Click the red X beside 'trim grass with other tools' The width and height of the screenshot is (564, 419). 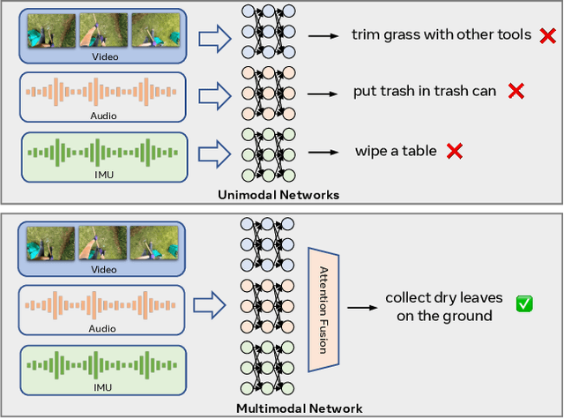547,35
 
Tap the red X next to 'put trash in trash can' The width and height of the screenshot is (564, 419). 515,91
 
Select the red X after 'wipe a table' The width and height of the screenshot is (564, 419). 455,151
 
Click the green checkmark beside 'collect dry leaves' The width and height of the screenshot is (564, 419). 523,304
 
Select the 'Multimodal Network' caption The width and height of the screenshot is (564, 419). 299,408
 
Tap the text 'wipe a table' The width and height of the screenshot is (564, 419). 396,151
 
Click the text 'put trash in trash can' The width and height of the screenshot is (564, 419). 425,91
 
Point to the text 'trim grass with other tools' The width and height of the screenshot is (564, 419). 441,35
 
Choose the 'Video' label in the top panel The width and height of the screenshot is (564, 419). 104,56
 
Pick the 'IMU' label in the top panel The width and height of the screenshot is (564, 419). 104,175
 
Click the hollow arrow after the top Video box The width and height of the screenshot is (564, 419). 212,37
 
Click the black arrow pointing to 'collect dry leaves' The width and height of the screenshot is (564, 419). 360,307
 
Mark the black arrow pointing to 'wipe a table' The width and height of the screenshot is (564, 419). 327,152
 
